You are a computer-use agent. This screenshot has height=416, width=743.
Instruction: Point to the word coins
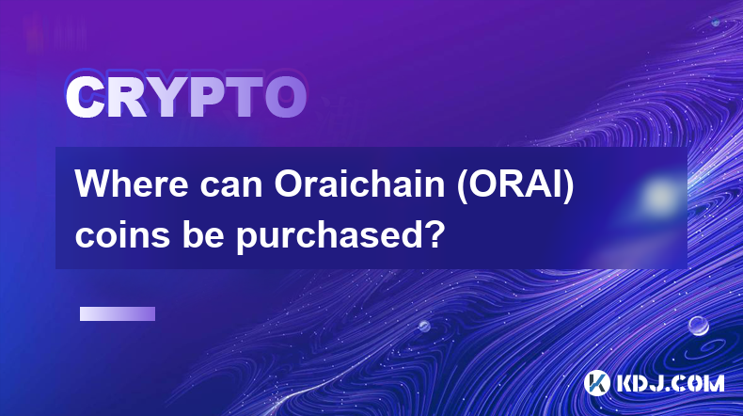click(122, 235)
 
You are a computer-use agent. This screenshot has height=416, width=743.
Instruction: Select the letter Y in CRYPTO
click(164, 98)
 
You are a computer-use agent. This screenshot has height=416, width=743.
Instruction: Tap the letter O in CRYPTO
click(285, 98)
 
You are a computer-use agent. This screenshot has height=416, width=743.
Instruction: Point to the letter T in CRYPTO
click(244, 98)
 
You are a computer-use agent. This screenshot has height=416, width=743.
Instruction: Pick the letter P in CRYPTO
click(206, 98)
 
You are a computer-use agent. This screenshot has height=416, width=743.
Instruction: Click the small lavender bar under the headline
click(118, 314)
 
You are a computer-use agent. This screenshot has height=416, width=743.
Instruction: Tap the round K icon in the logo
click(596, 383)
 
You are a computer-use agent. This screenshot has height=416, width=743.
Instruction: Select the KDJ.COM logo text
click(670, 383)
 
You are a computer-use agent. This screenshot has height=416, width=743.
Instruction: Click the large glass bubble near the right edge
click(699, 326)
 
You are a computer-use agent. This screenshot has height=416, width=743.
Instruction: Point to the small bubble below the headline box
click(424, 326)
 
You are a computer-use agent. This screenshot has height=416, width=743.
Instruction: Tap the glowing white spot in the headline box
click(658, 196)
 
